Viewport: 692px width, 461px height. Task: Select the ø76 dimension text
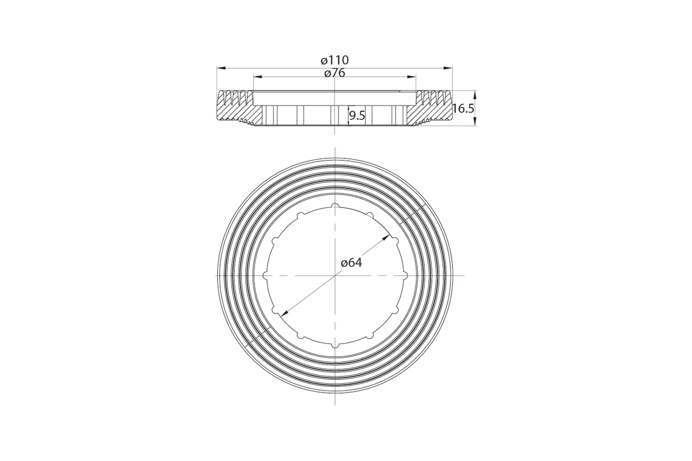point(334,73)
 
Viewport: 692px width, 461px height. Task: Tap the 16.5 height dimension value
point(463,108)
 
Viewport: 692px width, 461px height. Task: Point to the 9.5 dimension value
point(357,116)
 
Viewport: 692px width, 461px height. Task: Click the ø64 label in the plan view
point(351,263)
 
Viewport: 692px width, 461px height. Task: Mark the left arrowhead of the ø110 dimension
point(221,67)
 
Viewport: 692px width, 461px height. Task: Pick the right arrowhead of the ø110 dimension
point(448,67)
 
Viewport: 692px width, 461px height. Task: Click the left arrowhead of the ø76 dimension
point(258,76)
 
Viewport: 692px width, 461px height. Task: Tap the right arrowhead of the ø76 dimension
point(412,76)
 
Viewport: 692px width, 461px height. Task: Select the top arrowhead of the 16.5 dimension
point(475,95)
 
